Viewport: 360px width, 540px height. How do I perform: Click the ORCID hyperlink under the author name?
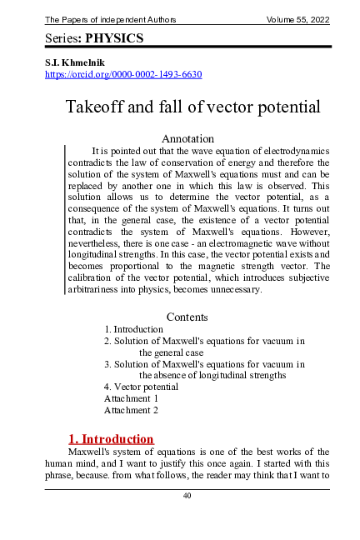tap(122, 74)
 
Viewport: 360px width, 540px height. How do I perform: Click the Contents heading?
tap(187, 317)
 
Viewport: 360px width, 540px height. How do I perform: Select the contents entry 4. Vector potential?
tap(141, 387)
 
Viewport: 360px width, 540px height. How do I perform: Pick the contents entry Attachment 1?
tap(131, 398)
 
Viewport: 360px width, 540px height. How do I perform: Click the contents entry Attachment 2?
tap(131, 410)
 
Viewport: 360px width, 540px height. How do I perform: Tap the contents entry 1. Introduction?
tap(133, 329)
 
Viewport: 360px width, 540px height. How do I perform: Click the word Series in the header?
tap(62, 38)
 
